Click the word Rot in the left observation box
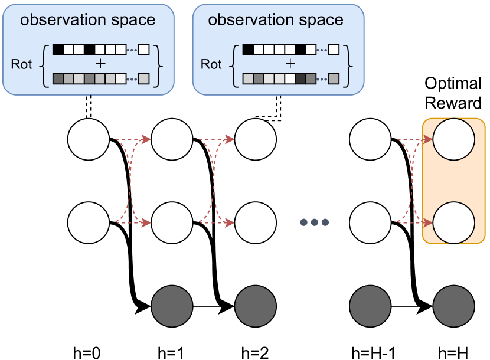coord(21,64)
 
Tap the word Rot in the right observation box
coord(211,64)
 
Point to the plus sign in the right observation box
coord(290,64)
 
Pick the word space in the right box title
coord(319,20)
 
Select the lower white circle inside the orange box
coord(453,223)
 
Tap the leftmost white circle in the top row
coord(89,140)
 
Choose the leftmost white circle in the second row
coord(89,223)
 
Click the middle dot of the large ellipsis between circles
coord(314,222)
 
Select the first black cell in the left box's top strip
coord(58,50)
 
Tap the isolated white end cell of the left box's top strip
coord(143,50)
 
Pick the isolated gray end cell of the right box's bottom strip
coord(334,78)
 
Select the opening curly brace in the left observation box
coord(43,64)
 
